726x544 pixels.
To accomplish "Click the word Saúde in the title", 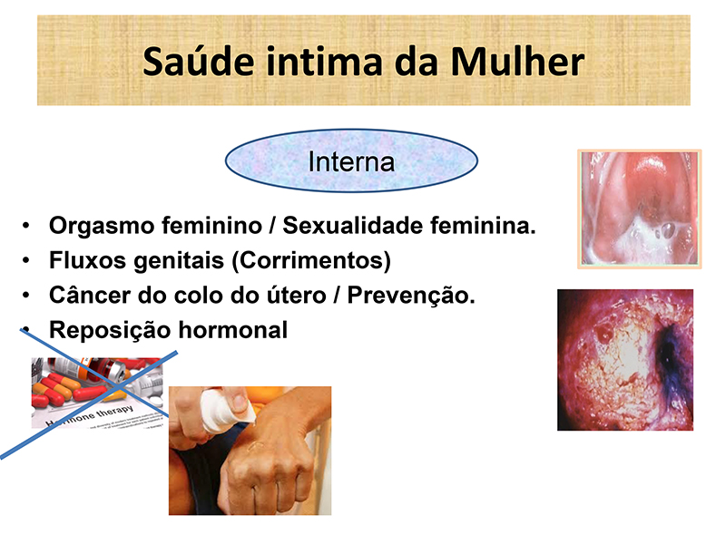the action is coord(198,62).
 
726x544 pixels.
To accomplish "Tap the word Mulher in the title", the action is coord(517,62).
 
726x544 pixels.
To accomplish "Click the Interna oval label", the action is coord(351,161).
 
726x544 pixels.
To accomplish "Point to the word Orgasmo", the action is coord(102,227).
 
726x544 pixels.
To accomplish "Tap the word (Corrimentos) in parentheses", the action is coord(310,261).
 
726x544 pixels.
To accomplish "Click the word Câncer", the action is coord(89,295).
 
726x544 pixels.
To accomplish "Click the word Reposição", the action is coord(110,331).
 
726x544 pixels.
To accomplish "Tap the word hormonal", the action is coord(233,330).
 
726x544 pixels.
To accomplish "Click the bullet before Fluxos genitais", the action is coord(26,260).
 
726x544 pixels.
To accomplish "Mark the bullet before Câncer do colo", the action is coord(26,295).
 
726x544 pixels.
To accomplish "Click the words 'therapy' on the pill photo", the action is coord(114,412).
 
